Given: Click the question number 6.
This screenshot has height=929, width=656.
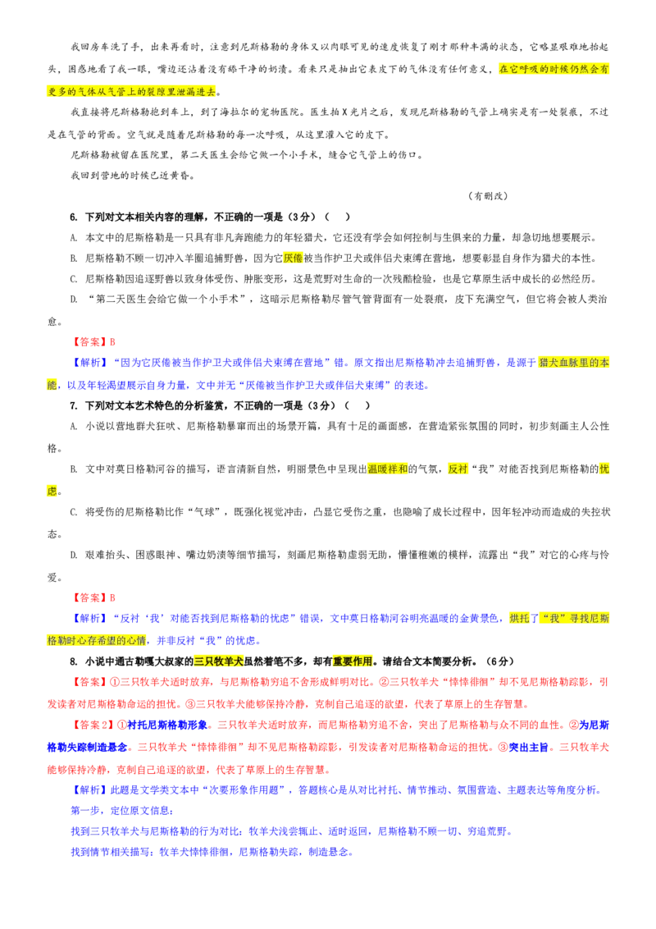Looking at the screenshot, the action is [x=74, y=217].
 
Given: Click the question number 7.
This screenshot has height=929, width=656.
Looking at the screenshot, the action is [x=74, y=405].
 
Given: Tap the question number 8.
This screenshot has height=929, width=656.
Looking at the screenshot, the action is [x=74, y=661].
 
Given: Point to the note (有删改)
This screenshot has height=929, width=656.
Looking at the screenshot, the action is [x=488, y=196].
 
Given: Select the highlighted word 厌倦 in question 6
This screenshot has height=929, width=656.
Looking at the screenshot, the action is [x=293, y=259].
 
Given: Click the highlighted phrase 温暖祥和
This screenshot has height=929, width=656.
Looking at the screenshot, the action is [x=387, y=469].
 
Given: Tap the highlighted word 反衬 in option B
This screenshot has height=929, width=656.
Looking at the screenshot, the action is [x=458, y=469].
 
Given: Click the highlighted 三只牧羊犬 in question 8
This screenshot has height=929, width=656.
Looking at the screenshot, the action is [x=218, y=661].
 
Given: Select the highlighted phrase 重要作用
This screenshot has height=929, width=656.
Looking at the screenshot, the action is [x=353, y=661].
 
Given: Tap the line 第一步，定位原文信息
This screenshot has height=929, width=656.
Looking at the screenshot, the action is [x=122, y=810].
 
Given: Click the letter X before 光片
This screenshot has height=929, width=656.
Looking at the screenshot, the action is [x=344, y=112].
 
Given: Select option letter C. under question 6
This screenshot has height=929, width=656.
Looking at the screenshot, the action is [x=74, y=279].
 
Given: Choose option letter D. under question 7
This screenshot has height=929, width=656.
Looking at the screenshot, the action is [x=74, y=555].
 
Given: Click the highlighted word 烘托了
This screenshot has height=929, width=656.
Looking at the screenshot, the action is [x=524, y=618].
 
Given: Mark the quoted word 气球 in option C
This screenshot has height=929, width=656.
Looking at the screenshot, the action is [x=204, y=512].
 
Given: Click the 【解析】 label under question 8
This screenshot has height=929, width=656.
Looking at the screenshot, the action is [x=90, y=789].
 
